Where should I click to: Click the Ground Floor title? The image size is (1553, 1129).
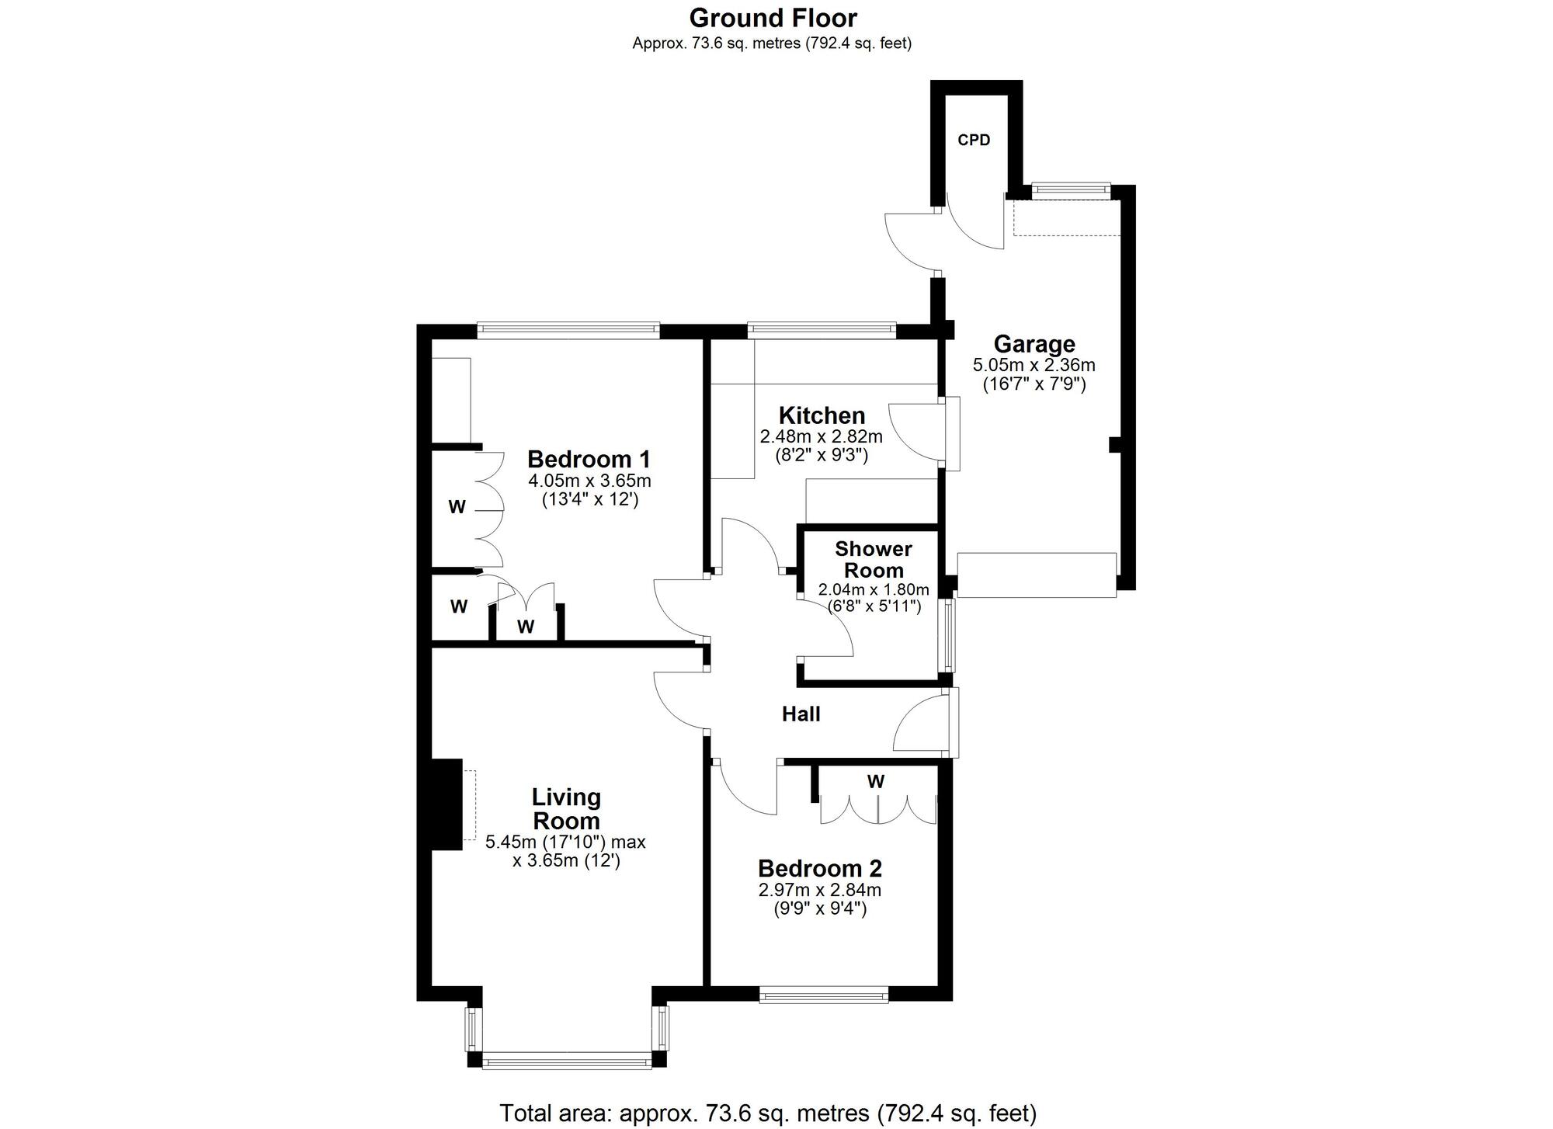(x=773, y=18)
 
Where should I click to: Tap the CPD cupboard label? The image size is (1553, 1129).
(x=974, y=141)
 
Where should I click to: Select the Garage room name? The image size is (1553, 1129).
(x=1034, y=344)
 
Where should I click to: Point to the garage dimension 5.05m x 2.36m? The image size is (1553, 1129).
(x=1034, y=365)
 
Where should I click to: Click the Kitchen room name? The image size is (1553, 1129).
(x=822, y=415)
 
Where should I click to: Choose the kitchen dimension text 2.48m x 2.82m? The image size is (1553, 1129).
(x=822, y=436)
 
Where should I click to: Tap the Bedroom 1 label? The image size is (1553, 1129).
(x=589, y=459)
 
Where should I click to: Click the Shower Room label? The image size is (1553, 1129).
(x=873, y=560)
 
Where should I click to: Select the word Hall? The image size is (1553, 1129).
(x=801, y=714)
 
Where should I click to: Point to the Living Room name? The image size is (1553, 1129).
(x=566, y=809)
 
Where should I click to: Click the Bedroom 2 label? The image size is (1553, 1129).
(x=820, y=868)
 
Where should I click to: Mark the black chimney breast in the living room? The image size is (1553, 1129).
(x=446, y=804)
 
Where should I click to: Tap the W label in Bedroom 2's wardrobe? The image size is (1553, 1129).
(x=876, y=782)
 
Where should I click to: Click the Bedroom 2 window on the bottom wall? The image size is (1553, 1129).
(x=824, y=995)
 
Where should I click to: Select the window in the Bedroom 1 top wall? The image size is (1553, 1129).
(x=568, y=331)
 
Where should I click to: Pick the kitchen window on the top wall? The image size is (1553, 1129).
(x=822, y=331)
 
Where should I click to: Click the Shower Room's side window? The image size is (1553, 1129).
(x=947, y=635)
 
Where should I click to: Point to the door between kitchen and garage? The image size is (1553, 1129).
(x=947, y=434)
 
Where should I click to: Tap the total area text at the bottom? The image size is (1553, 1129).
(x=768, y=1113)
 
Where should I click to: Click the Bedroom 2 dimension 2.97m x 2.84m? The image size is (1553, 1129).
(x=820, y=890)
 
